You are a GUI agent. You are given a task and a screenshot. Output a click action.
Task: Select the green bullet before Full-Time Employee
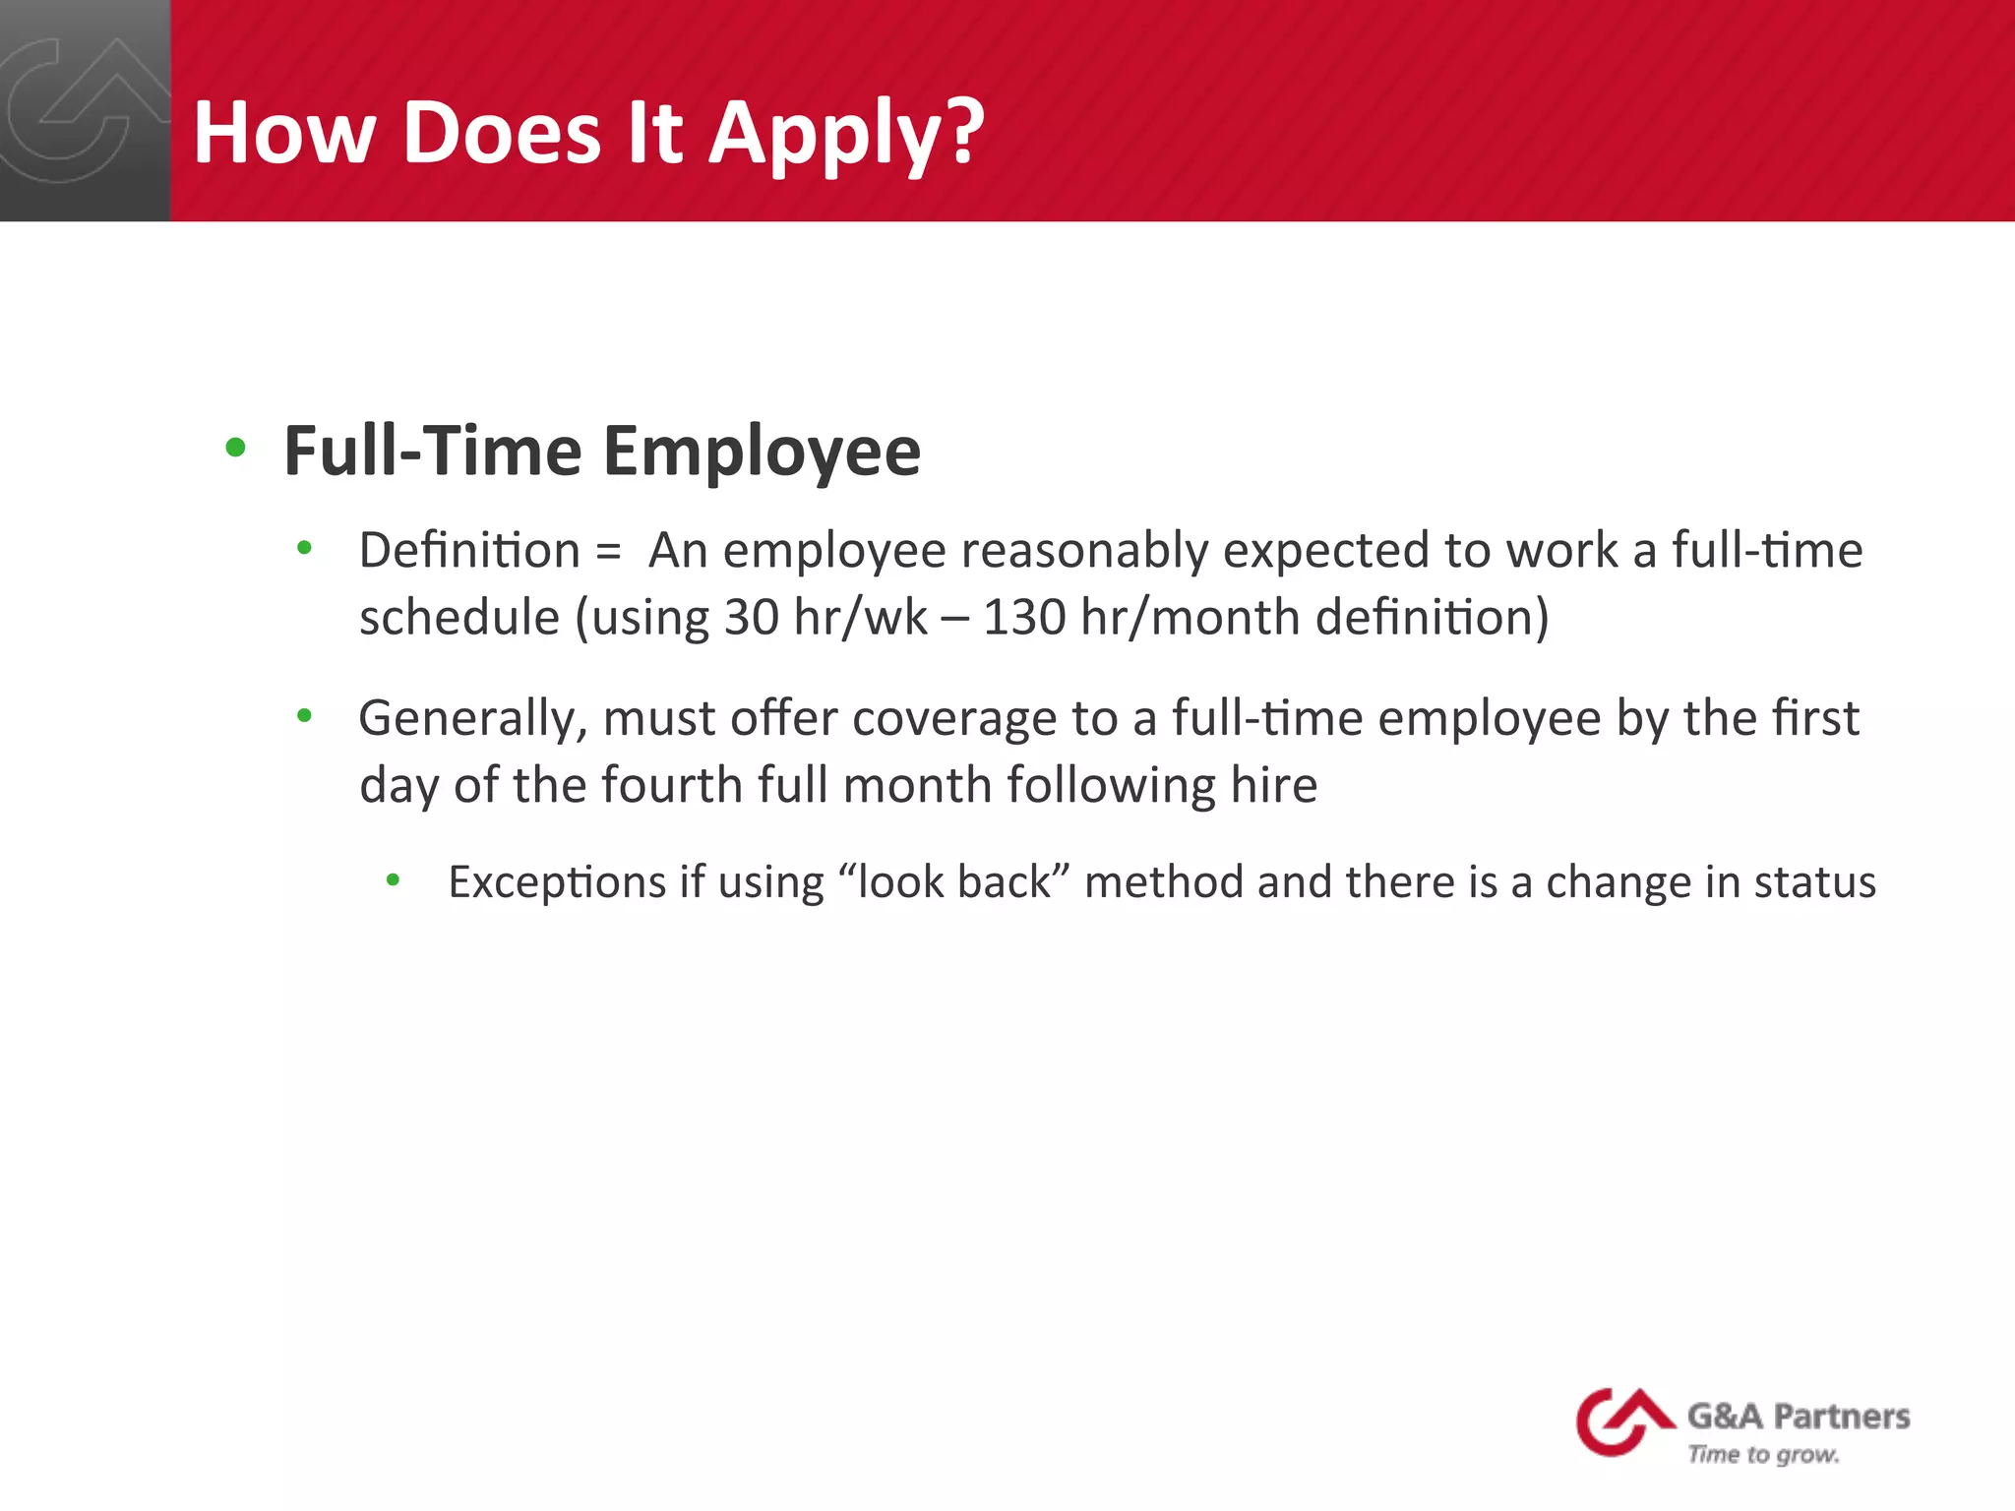point(235,449)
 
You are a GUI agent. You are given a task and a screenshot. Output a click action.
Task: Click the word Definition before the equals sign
point(469,550)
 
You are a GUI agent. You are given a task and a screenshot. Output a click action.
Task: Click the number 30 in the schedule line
point(751,618)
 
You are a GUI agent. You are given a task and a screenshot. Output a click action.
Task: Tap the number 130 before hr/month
point(1023,618)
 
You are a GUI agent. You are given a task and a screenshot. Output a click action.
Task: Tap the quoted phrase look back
point(953,881)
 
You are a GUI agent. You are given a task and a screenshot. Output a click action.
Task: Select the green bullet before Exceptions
point(393,879)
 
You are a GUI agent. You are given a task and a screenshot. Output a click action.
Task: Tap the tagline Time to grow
point(1762,1454)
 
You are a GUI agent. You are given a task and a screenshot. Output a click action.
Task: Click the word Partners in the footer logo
point(1841,1417)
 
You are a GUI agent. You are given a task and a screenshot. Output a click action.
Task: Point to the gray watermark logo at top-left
point(79,108)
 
